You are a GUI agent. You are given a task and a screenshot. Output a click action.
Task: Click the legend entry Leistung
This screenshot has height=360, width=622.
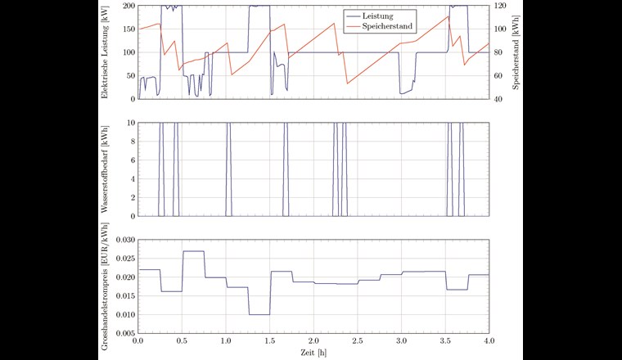(x=385, y=15)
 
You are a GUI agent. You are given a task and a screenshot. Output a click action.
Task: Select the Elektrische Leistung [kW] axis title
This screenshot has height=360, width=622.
(x=106, y=52)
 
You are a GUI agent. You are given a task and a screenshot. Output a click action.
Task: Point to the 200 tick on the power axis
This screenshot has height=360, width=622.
(x=127, y=6)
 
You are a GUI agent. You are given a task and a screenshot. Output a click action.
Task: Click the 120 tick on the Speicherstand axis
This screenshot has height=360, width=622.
(x=500, y=6)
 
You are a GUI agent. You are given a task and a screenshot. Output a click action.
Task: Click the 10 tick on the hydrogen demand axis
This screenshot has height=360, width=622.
(x=129, y=123)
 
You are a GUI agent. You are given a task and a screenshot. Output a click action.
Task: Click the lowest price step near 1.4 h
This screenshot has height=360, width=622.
(x=259, y=314)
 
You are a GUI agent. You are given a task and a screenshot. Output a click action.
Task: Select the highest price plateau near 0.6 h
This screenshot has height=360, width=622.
(x=193, y=251)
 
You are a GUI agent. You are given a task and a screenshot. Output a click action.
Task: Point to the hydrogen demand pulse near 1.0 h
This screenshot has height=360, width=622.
(x=228, y=168)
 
